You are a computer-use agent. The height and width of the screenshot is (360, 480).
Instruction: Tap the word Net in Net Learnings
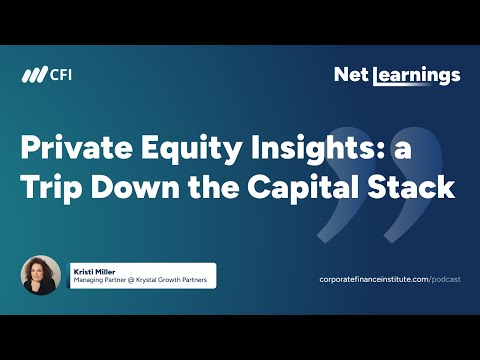point(352,75)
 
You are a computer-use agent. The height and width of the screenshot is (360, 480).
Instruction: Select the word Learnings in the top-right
point(417,76)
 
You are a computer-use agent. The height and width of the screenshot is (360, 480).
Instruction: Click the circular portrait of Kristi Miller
point(42,275)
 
